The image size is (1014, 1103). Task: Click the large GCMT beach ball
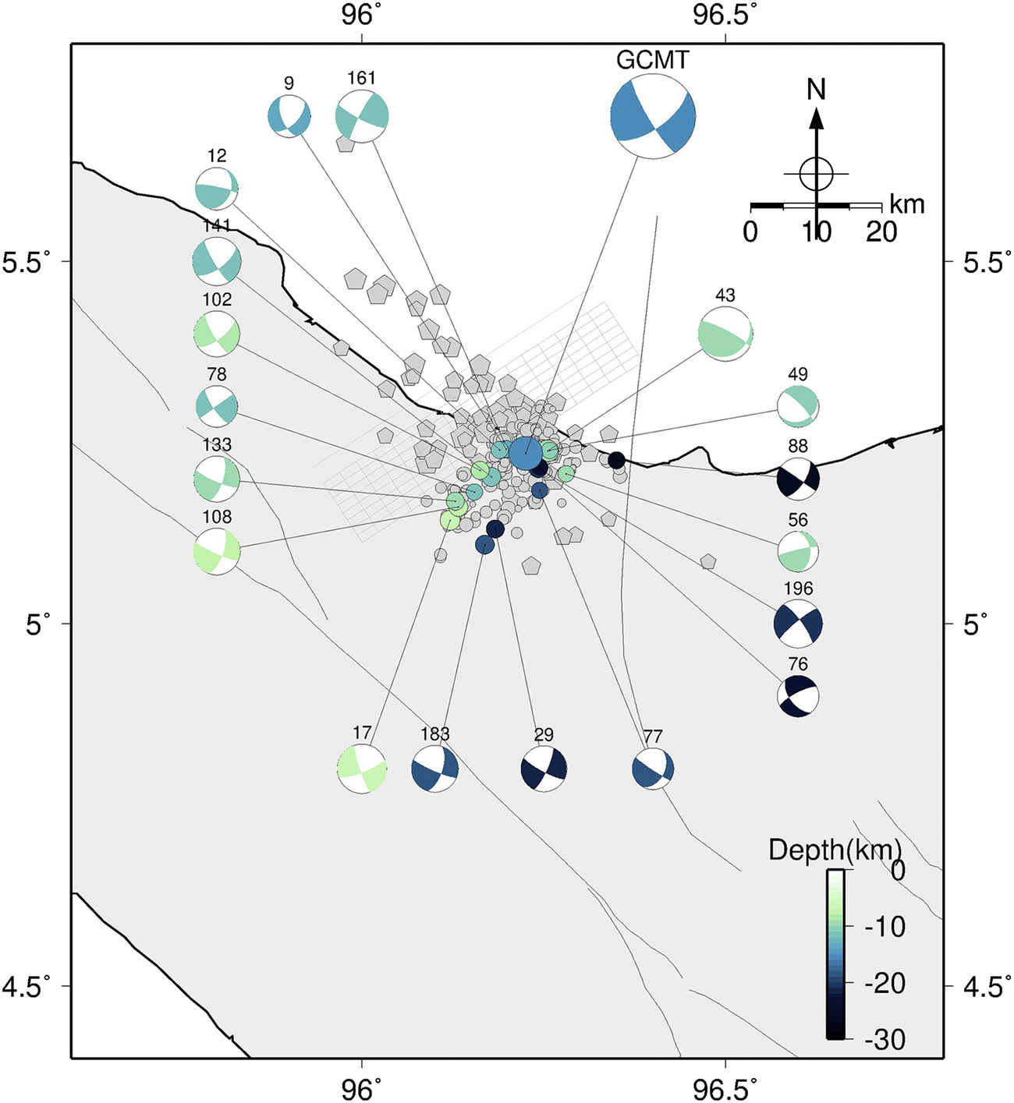pyautogui.click(x=653, y=117)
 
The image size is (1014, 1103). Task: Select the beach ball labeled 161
pyautogui.click(x=362, y=116)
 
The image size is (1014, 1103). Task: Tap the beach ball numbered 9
pyautogui.click(x=289, y=116)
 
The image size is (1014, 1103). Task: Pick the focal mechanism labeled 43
pyautogui.click(x=725, y=334)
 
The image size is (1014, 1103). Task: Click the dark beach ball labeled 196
pyautogui.click(x=798, y=624)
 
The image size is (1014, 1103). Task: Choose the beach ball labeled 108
pyautogui.click(x=217, y=552)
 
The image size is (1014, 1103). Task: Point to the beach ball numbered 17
pyautogui.click(x=362, y=769)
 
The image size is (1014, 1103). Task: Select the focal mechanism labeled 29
pyautogui.click(x=544, y=769)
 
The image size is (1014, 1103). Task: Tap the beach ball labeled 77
pyautogui.click(x=653, y=769)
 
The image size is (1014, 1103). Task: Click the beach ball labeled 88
pyautogui.click(x=798, y=479)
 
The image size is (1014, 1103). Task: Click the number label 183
pyautogui.click(x=434, y=734)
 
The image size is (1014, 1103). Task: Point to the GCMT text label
pyautogui.click(x=653, y=60)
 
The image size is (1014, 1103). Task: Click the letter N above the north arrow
pyautogui.click(x=816, y=90)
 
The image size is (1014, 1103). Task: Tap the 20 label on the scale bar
pyautogui.click(x=881, y=232)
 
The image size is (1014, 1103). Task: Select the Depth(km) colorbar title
pyautogui.click(x=835, y=850)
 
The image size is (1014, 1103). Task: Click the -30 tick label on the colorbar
pyautogui.click(x=885, y=1039)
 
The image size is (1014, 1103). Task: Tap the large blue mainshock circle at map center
pyautogui.click(x=526, y=453)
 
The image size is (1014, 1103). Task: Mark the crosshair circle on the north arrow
pyautogui.click(x=816, y=173)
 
